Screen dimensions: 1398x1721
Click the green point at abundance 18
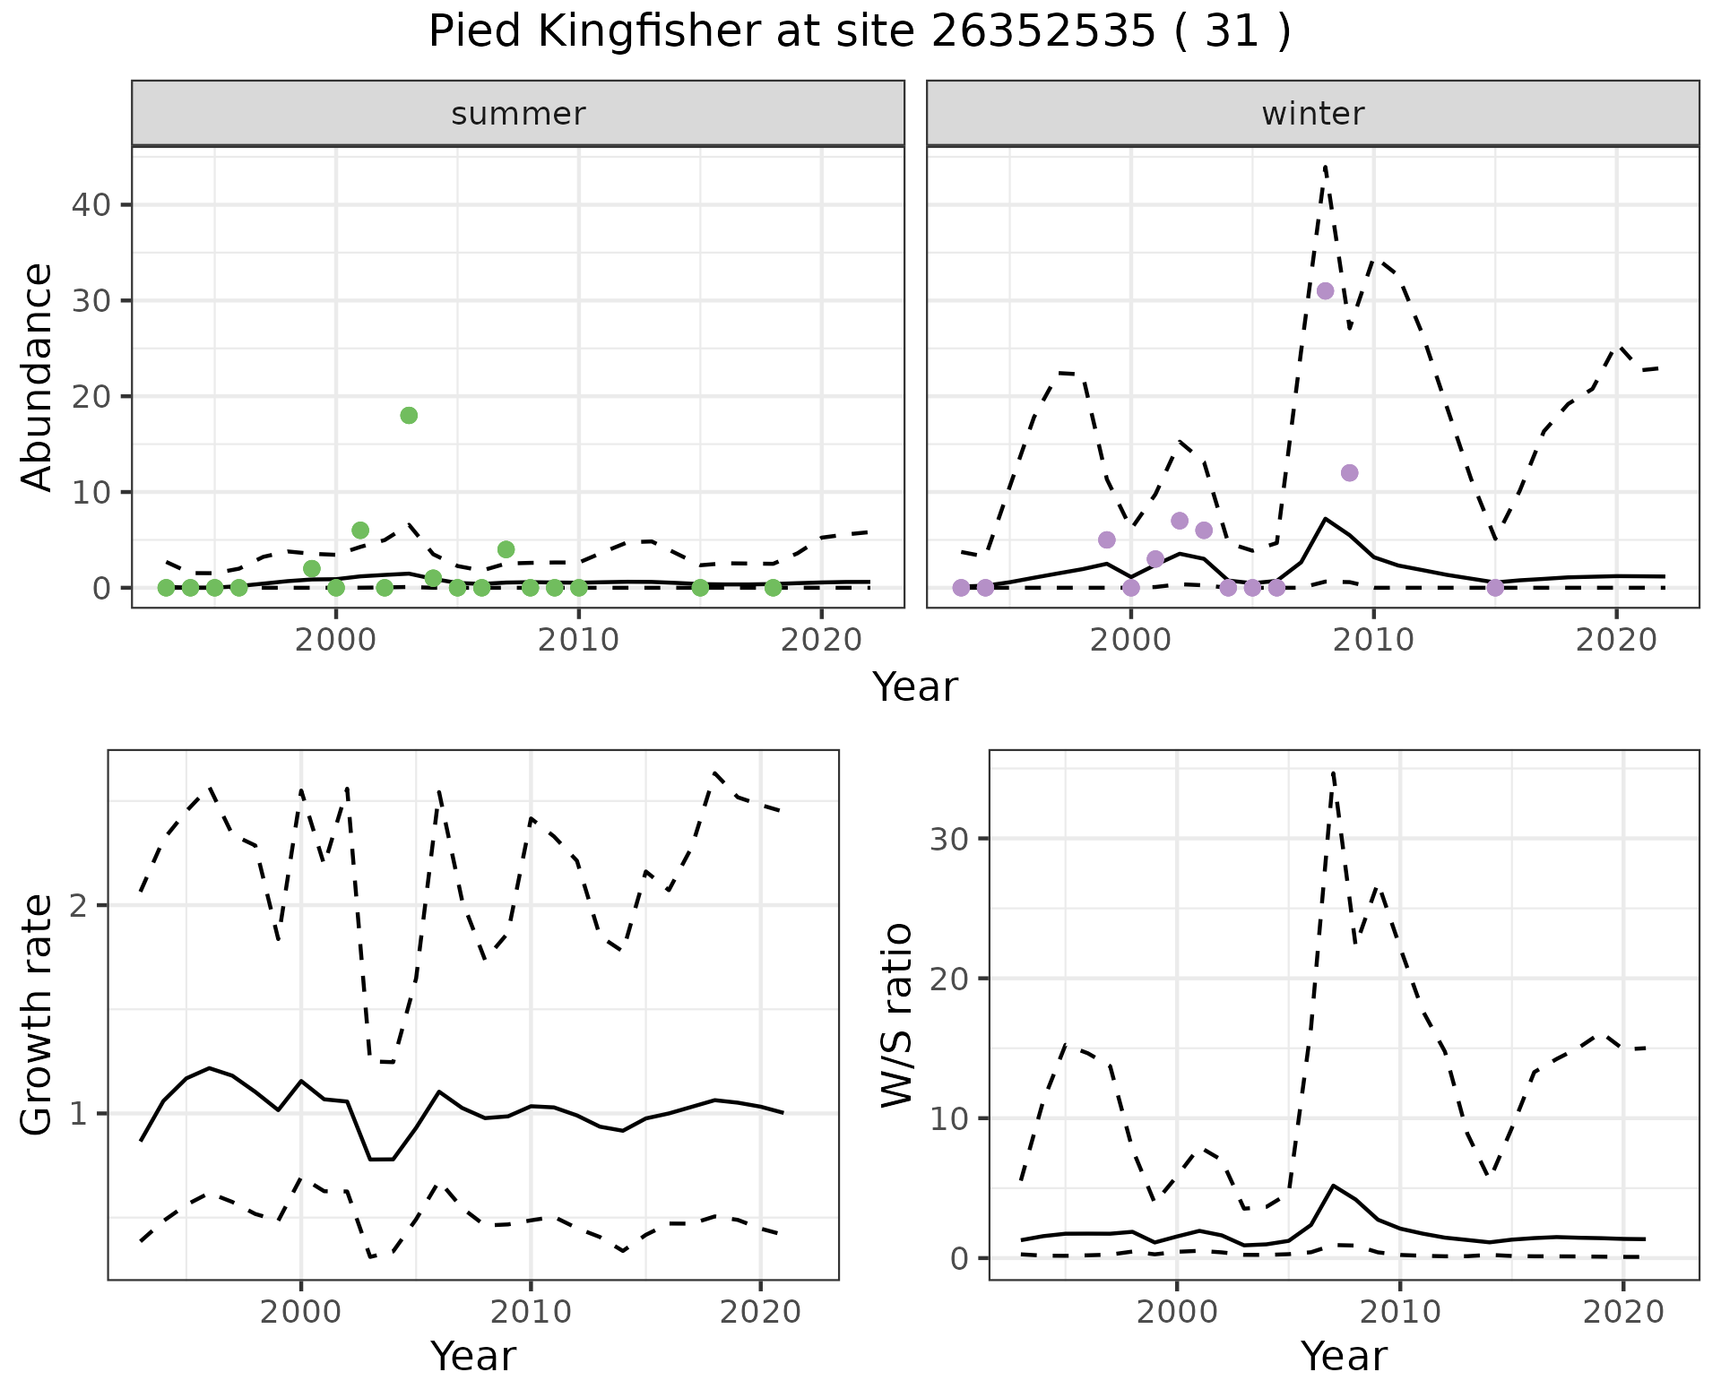point(409,415)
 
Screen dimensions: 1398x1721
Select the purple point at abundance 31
point(1325,290)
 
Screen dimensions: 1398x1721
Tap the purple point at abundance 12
point(1349,472)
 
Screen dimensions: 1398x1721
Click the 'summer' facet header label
point(518,114)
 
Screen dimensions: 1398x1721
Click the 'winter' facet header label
point(1312,114)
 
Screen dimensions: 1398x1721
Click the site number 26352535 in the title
point(1042,32)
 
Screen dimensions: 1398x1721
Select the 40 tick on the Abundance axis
point(93,204)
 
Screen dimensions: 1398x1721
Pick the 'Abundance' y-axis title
point(38,376)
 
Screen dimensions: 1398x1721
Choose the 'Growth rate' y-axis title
point(38,1014)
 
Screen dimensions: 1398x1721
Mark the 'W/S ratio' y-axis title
point(896,1014)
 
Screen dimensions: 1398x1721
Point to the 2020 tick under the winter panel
point(1615,640)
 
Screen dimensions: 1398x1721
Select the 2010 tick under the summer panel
point(578,640)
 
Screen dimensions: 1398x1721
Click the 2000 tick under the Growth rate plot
point(300,1312)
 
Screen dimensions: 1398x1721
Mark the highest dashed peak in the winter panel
point(1325,166)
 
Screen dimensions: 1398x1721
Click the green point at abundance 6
point(360,530)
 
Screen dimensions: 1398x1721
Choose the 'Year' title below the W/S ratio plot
point(1343,1356)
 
